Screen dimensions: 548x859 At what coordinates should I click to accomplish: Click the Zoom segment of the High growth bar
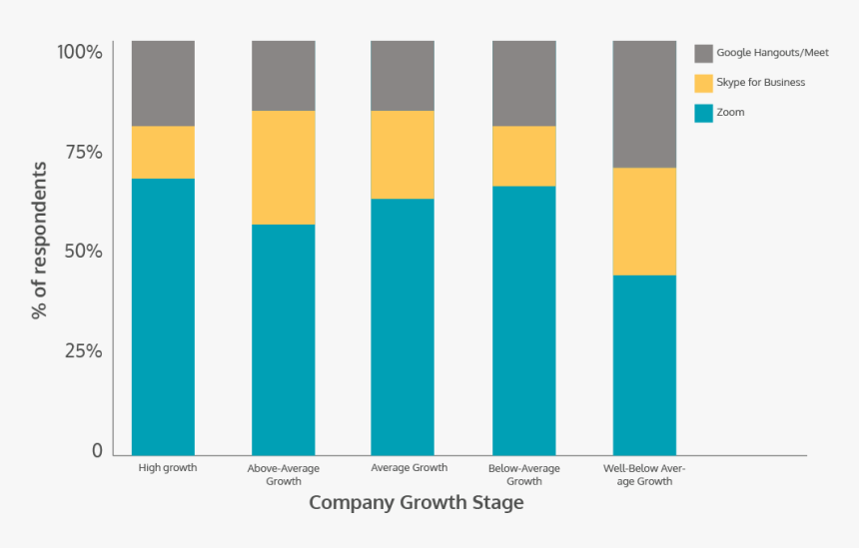[163, 316]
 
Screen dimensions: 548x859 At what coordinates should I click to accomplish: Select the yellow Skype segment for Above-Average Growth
[283, 168]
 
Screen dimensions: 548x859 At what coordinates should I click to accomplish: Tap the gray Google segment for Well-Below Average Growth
[644, 104]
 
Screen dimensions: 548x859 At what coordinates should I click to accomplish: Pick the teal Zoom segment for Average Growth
[403, 326]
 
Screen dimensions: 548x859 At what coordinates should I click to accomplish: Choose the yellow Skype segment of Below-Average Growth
[523, 156]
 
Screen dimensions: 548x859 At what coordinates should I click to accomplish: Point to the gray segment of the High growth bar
[163, 83]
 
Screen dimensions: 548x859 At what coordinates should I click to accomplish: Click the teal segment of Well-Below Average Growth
[644, 364]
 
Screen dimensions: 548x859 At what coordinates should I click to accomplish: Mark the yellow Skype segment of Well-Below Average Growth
[644, 221]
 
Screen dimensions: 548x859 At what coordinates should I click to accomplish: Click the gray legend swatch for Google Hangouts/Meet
[703, 53]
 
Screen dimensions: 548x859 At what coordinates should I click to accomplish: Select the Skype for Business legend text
[760, 83]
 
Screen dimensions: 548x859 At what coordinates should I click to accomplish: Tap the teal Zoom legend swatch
[703, 113]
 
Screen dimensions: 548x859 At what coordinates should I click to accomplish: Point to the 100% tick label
[80, 52]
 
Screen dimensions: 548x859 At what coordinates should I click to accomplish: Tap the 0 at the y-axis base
[97, 451]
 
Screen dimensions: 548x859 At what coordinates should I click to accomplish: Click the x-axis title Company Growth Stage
[416, 502]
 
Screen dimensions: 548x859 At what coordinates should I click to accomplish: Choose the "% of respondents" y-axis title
[40, 240]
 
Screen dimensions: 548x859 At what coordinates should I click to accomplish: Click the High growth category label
[167, 467]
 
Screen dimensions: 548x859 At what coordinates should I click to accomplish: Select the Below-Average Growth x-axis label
[523, 474]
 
